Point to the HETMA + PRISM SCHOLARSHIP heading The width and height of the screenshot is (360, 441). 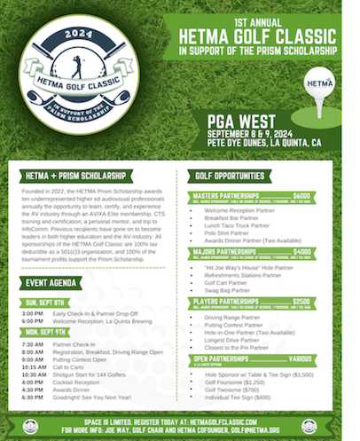tap(68, 177)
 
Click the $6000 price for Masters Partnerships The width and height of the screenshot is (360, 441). tap(301, 195)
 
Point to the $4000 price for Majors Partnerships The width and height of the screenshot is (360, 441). tap(301, 251)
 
